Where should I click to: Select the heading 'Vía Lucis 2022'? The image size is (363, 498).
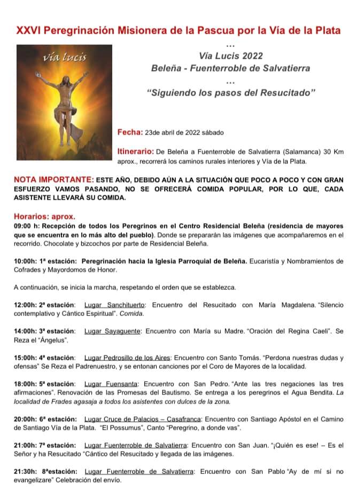click(x=230, y=56)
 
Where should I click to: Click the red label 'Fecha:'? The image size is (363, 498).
click(x=130, y=132)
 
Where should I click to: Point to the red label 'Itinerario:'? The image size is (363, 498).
click(x=136, y=152)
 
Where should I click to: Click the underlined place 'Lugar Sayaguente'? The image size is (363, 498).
click(x=112, y=331)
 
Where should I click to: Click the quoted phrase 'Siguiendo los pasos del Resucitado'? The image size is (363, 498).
click(x=231, y=93)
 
